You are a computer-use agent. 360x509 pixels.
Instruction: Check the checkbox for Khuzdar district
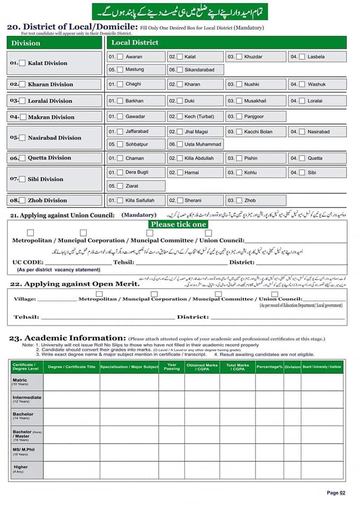pyautogui.click(x=239, y=57)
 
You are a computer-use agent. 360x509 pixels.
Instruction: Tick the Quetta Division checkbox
pyautogui.click(x=22, y=158)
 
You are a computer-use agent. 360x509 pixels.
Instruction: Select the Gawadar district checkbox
pyautogui.click(x=120, y=117)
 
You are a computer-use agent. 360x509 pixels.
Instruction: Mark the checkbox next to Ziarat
pyautogui.click(x=120, y=186)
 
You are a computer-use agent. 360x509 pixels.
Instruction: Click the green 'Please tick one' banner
pyautogui.click(x=178, y=224)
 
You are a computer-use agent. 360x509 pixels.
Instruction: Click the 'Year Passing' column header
pyautogui.click(x=171, y=366)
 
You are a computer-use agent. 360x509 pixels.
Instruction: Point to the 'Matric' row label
pyautogui.click(x=20, y=381)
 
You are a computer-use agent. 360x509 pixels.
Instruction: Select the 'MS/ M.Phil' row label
pyautogui.click(x=23, y=451)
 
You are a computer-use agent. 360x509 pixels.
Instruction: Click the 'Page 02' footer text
pyautogui.click(x=336, y=493)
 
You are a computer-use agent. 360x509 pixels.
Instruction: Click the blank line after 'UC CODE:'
pyautogui.click(x=78, y=262)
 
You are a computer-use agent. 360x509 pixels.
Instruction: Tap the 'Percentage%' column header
pyautogui.click(x=269, y=367)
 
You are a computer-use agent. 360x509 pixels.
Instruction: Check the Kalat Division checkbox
pyautogui.click(x=22, y=63)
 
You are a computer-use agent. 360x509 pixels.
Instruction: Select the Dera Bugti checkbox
pyautogui.click(x=120, y=173)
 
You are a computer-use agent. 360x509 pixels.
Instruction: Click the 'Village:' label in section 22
pyautogui.click(x=25, y=299)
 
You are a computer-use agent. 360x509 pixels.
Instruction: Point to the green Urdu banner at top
pyautogui.click(x=180, y=11)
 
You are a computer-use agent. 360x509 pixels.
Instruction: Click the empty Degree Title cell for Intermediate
pyautogui.click(x=71, y=399)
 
